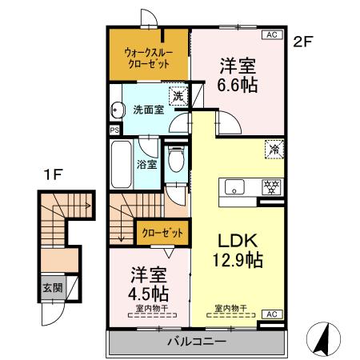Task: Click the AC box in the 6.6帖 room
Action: coord(272,34)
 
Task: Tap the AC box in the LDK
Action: coord(272,314)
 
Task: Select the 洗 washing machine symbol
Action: coord(178,96)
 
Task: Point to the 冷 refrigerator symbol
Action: coord(274,150)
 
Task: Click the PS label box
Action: coord(114,130)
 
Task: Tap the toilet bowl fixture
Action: coord(176,159)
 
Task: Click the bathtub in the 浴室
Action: coord(122,165)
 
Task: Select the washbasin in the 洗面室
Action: coord(118,110)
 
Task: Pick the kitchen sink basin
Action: coord(234,187)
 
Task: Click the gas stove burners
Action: coord(271,187)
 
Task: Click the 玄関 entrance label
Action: coord(53,288)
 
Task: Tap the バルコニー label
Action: coord(197,342)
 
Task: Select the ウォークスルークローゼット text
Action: coord(149,58)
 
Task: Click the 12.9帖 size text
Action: coord(238,260)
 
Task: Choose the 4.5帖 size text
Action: coord(148,294)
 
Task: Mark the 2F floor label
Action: coord(302,42)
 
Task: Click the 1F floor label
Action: coord(53,174)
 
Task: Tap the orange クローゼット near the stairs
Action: coord(162,233)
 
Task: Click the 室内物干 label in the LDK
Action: coord(231,309)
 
